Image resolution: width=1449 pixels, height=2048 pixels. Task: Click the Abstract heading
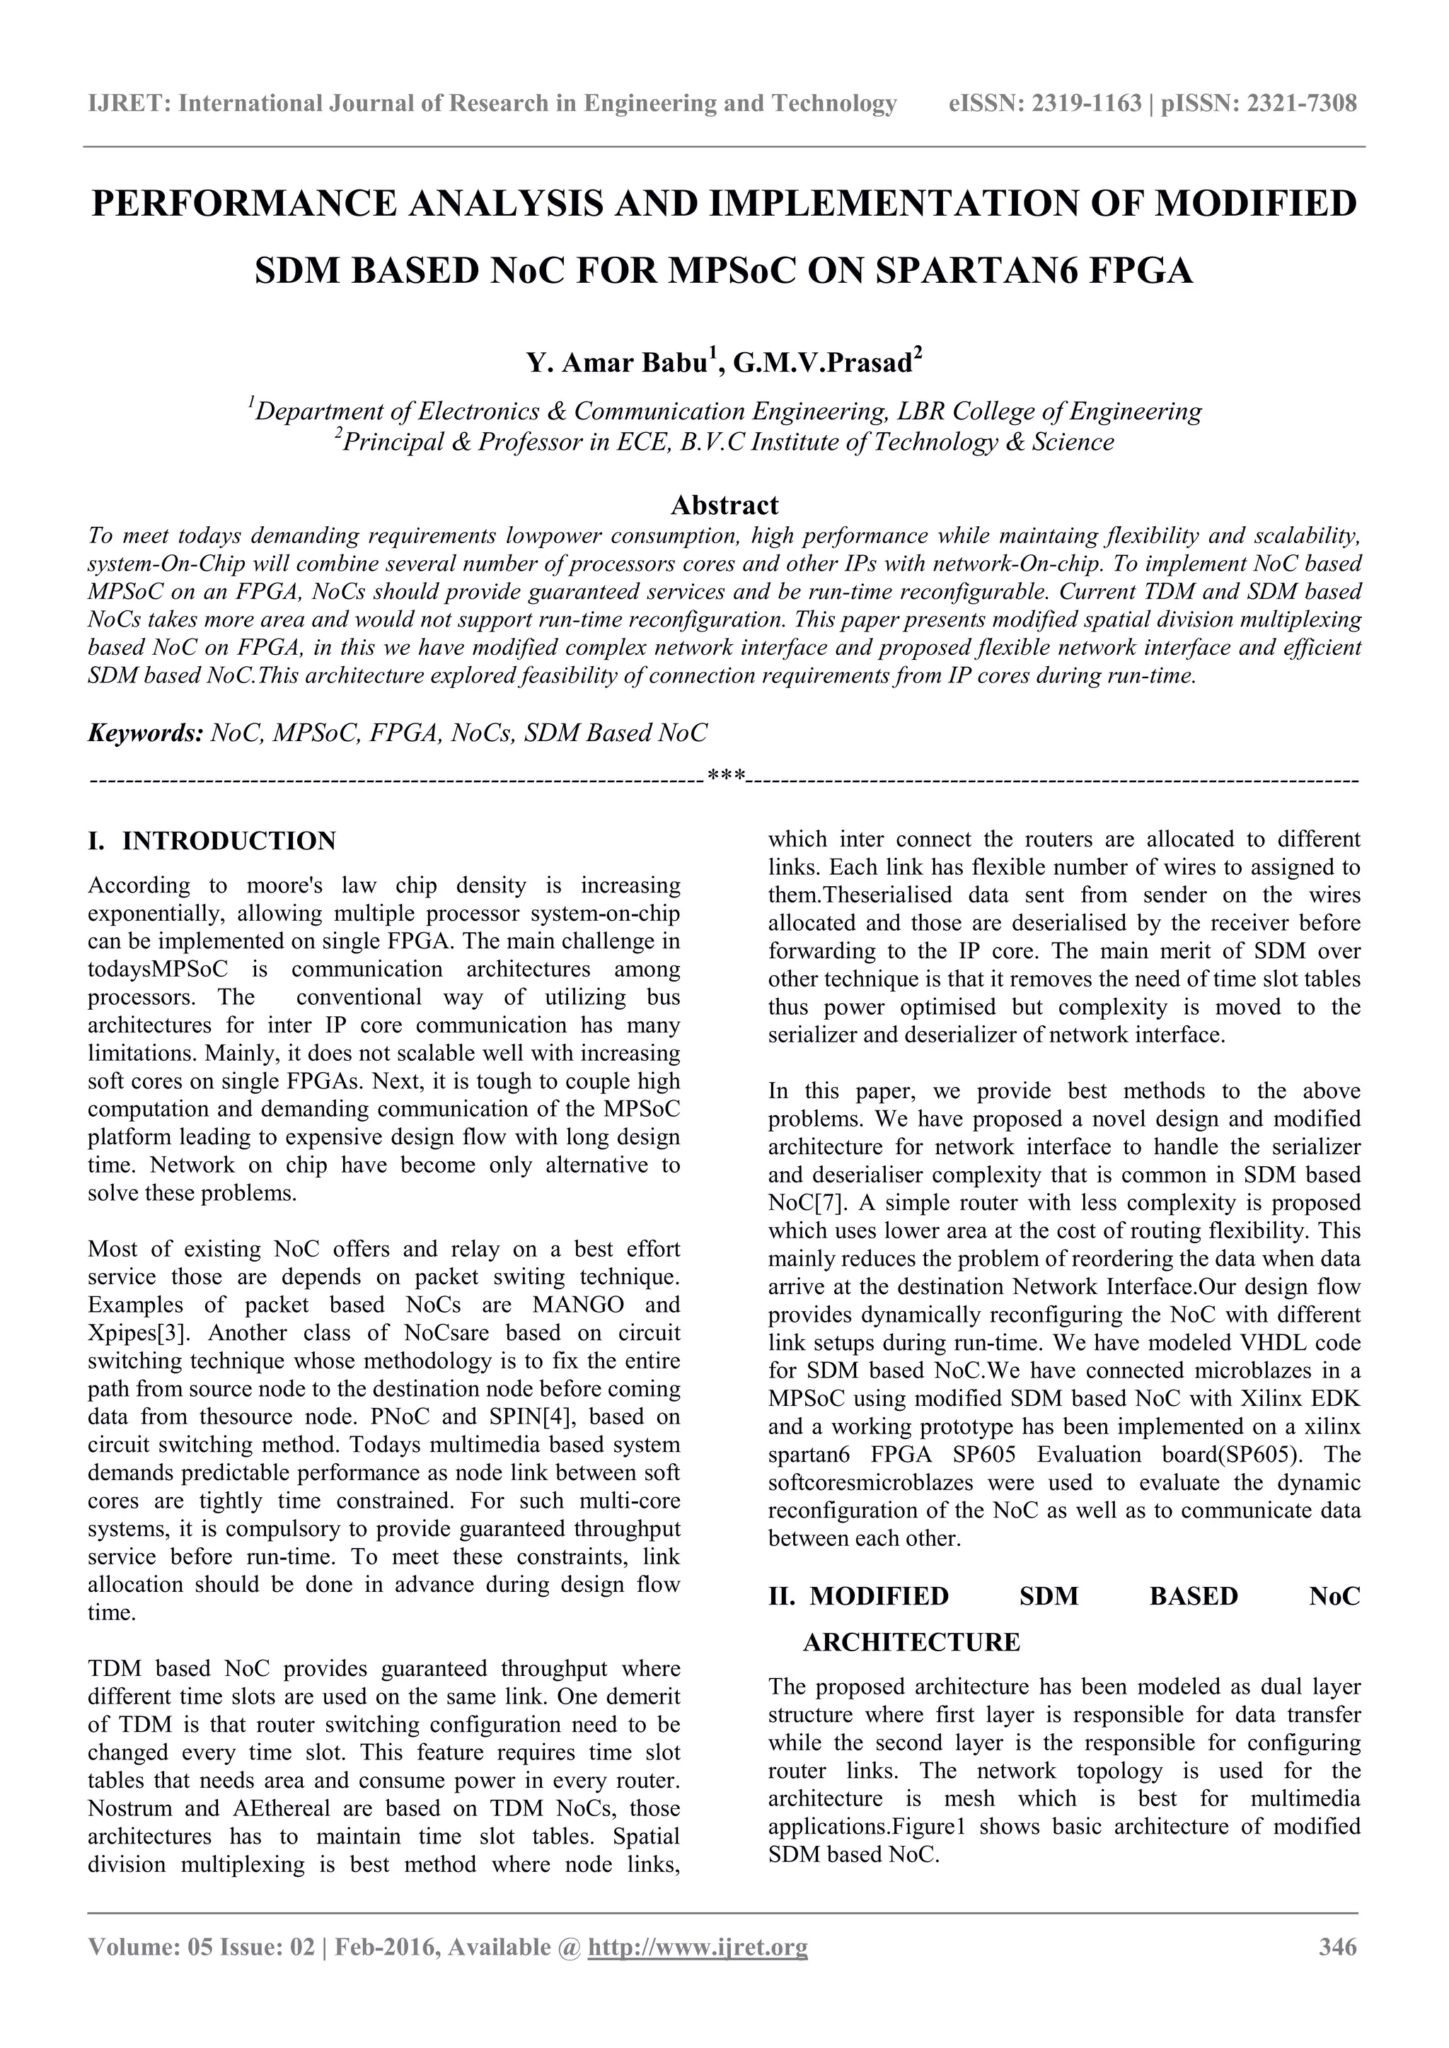(724, 506)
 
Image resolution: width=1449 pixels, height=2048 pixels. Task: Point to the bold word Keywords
(146, 733)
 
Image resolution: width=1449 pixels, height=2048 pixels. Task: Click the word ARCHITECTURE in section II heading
(911, 1642)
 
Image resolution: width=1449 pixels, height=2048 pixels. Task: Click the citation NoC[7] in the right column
(799, 1202)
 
